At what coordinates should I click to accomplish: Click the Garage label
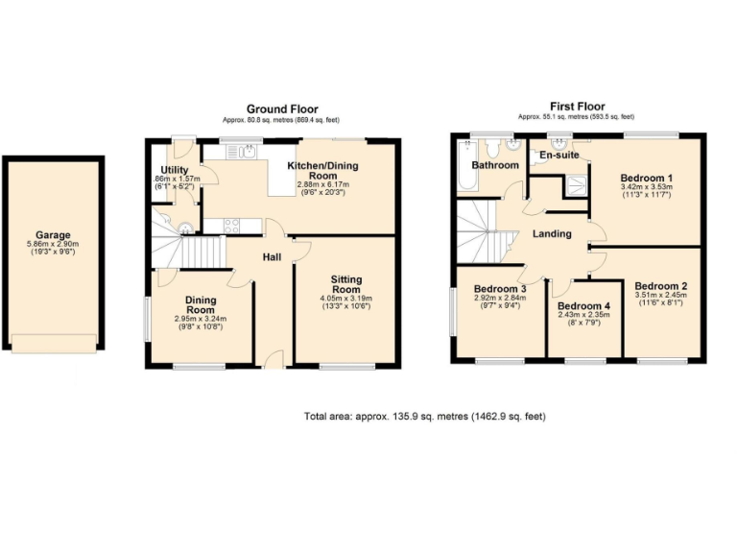click(x=54, y=235)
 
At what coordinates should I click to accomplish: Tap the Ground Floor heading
click(x=282, y=109)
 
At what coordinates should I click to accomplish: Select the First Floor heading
click(x=577, y=107)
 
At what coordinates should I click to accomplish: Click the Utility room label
click(x=174, y=170)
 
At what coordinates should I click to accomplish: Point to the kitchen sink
click(x=248, y=152)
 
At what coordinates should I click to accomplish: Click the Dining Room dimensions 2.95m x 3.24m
click(x=200, y=319)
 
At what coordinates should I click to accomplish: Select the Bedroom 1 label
click(x=645, y=178)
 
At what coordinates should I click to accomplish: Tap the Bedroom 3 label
click(x=500, y=288)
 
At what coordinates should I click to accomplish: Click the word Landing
click(x=552, y=233)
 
